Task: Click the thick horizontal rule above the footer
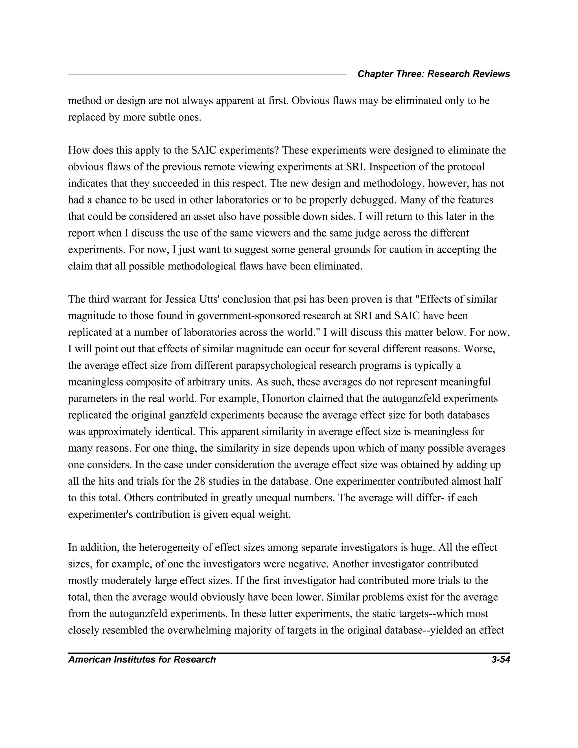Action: (289, 653)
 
